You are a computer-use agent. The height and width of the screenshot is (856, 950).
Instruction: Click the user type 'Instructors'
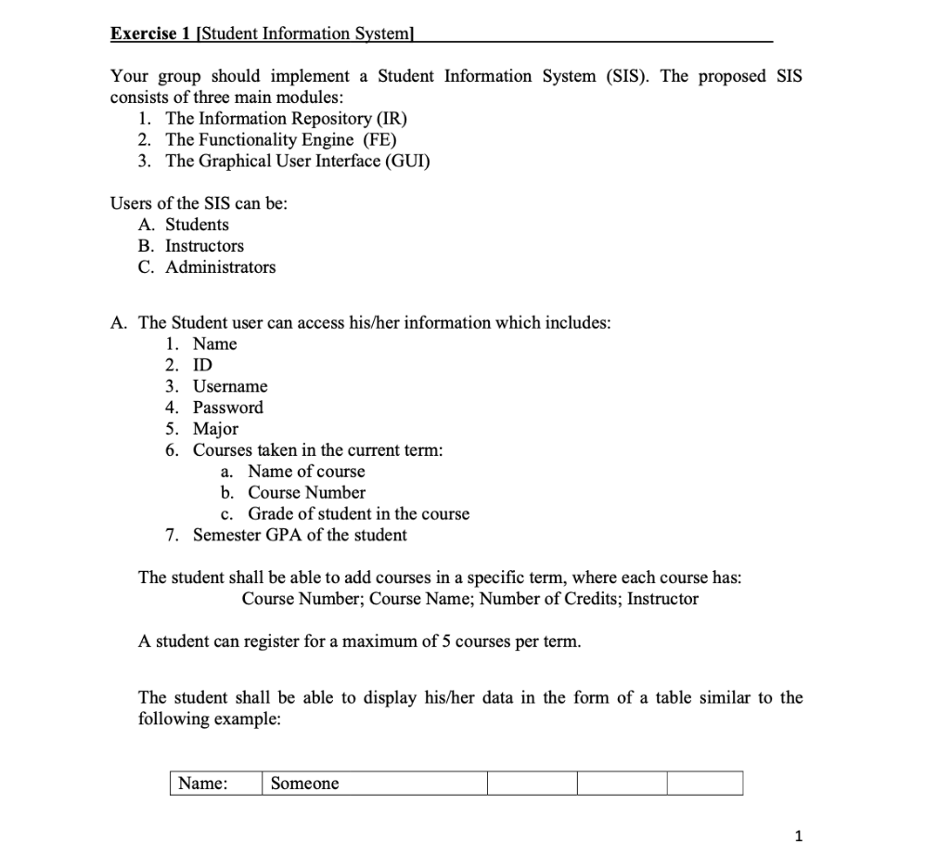point(204,246)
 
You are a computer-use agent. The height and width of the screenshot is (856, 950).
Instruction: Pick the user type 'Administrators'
point(220,267)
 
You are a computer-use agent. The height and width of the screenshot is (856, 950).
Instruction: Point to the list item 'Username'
point(230,386)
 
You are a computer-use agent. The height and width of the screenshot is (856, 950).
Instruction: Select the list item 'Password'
point(227,408)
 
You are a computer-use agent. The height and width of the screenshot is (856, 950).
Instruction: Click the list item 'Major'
point(215,429)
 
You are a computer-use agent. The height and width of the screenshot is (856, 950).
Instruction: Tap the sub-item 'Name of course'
point(306,472)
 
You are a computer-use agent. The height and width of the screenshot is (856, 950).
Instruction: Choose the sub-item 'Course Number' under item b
point(306,493)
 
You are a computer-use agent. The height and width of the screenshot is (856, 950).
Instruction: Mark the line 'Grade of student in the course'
point(358,514)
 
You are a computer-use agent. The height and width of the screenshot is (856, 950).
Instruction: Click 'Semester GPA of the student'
point(299,536)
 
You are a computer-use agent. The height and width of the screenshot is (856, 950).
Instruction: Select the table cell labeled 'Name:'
point(214,784)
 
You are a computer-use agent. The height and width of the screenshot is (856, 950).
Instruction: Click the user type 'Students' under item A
point(197,225)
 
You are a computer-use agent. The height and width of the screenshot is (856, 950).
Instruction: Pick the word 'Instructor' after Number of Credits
point(662,599)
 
